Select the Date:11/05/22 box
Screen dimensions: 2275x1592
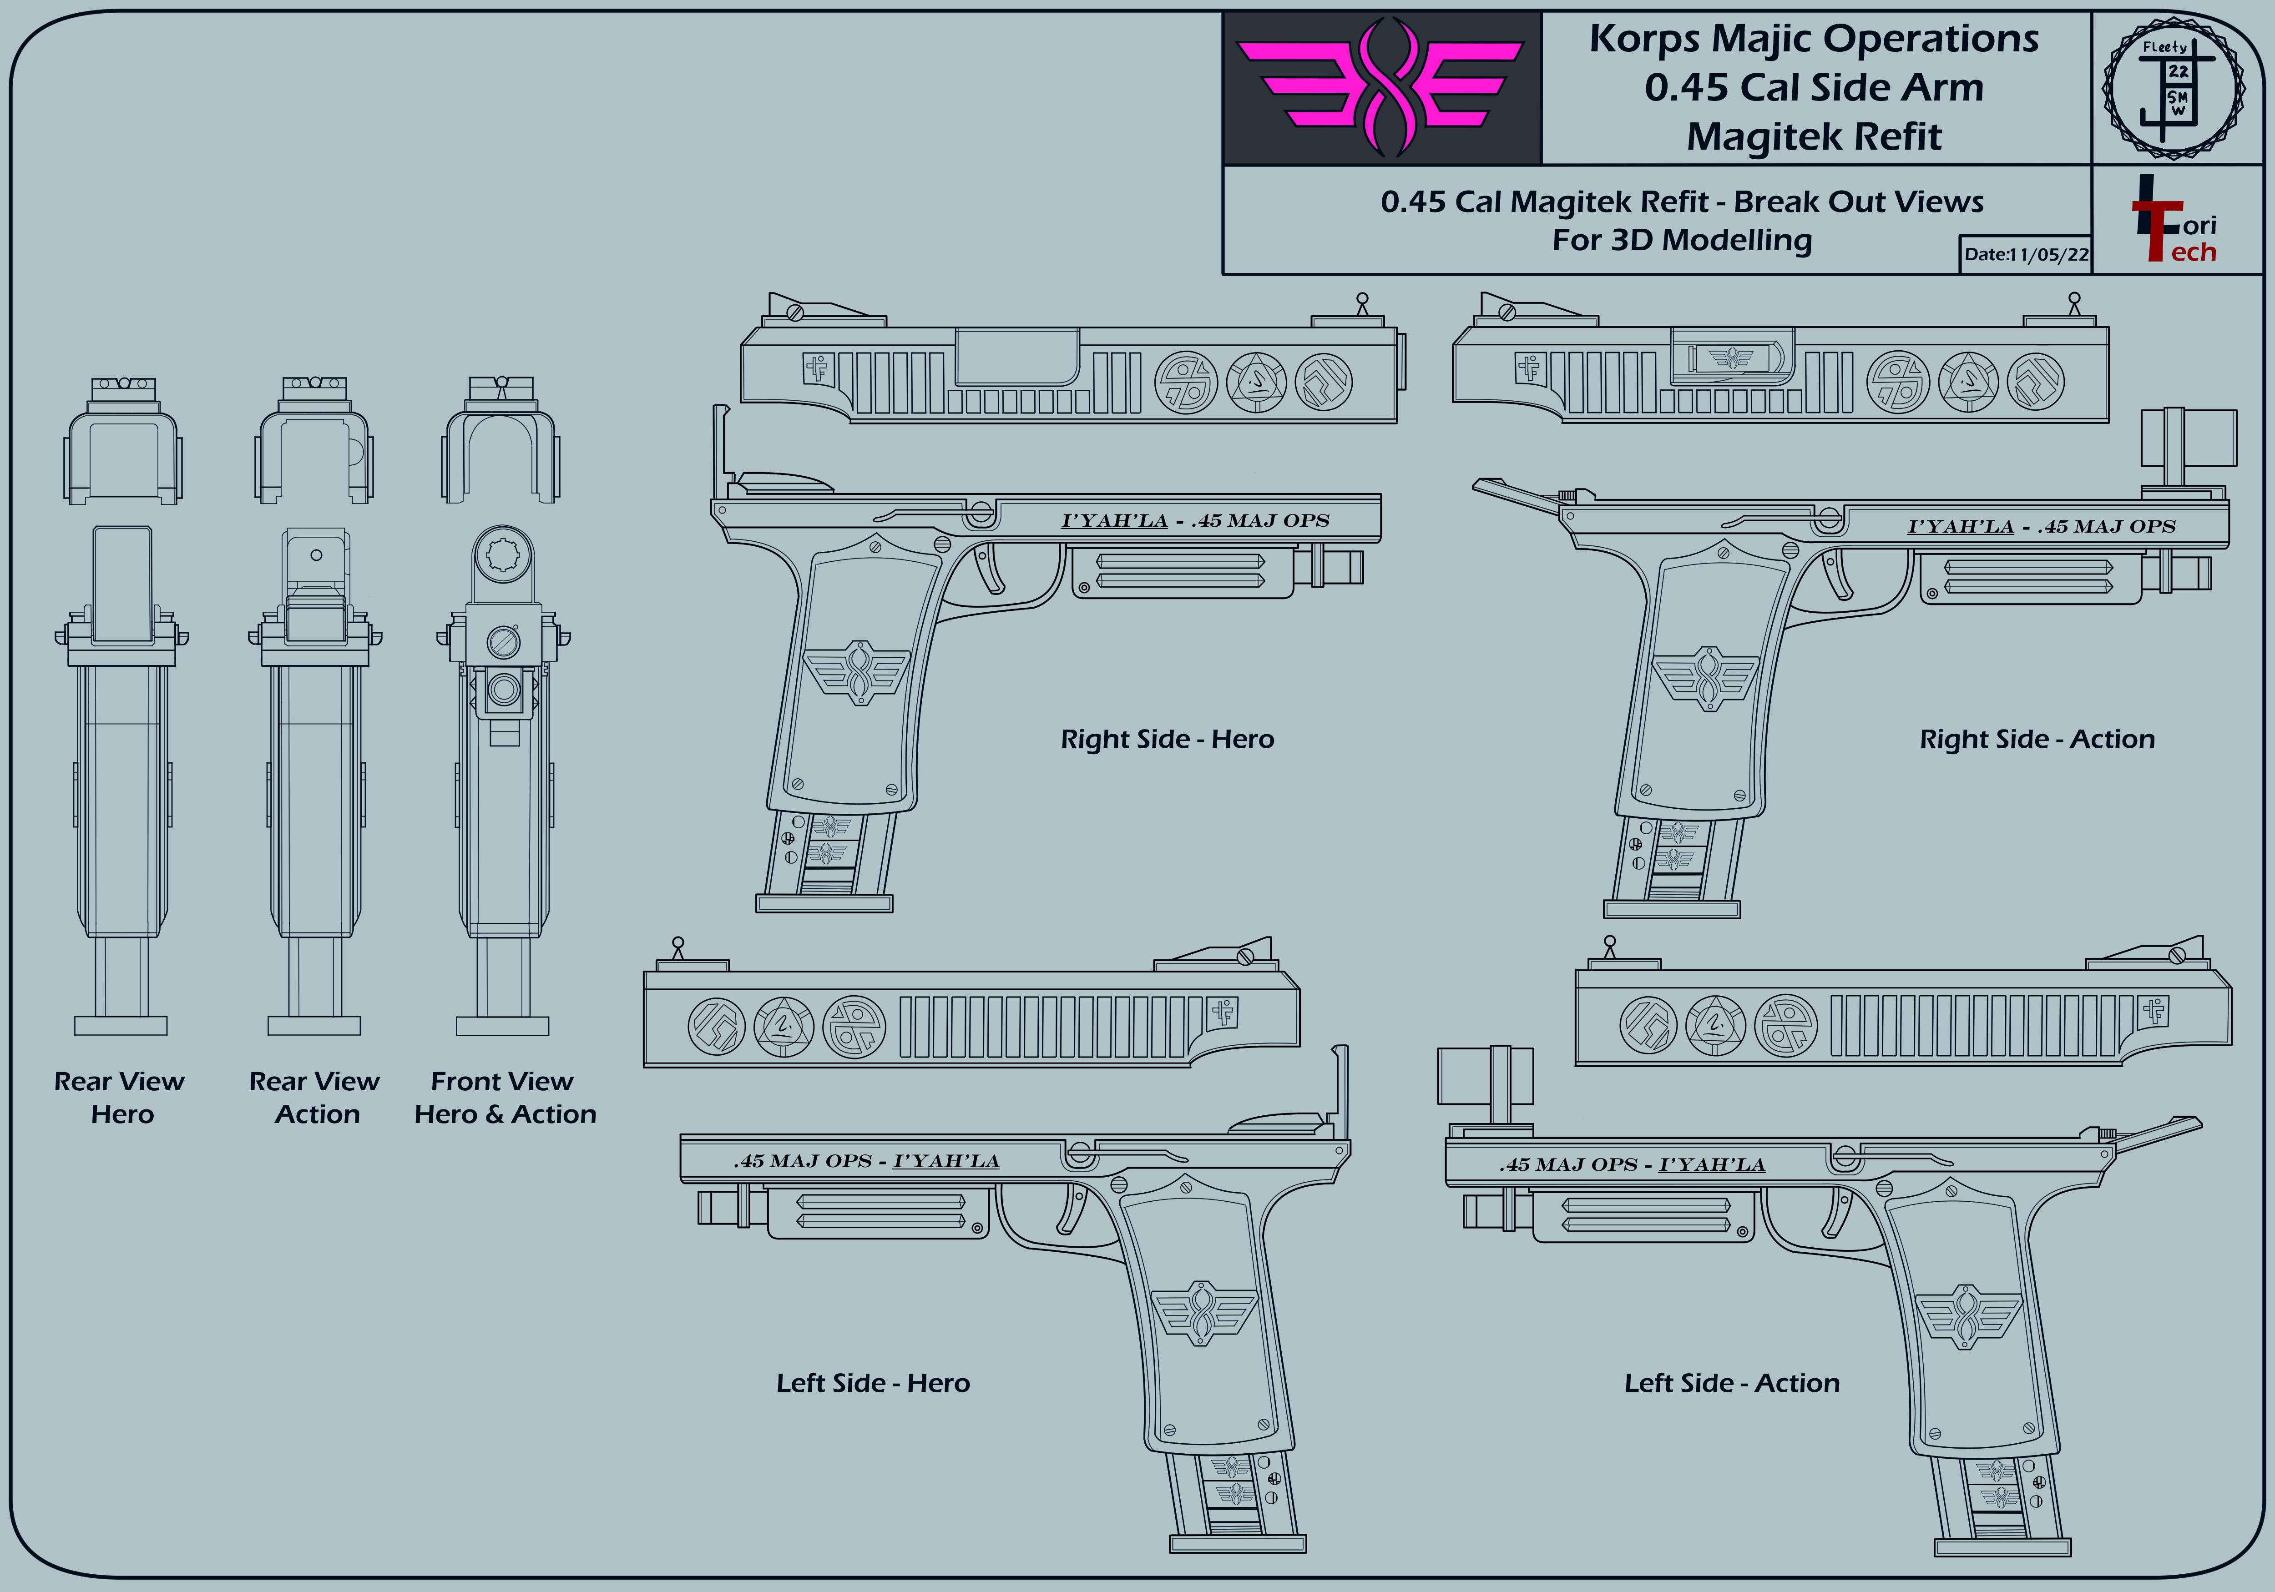click(x=2025, y=254)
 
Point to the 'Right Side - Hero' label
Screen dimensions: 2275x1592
click(x=1167, y=739)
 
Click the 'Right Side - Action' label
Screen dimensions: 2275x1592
click(x=2037, y=739)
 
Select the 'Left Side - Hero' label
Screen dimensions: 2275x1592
click(x=873, y=1383)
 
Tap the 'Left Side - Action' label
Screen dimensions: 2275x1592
click(x=1732, y=1383)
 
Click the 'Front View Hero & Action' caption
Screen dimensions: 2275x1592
click(x=506, y=1098)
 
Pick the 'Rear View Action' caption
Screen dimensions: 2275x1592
click(x=315, y=1098)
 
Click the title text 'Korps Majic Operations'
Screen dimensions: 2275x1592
click(x=1814, y=39)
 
